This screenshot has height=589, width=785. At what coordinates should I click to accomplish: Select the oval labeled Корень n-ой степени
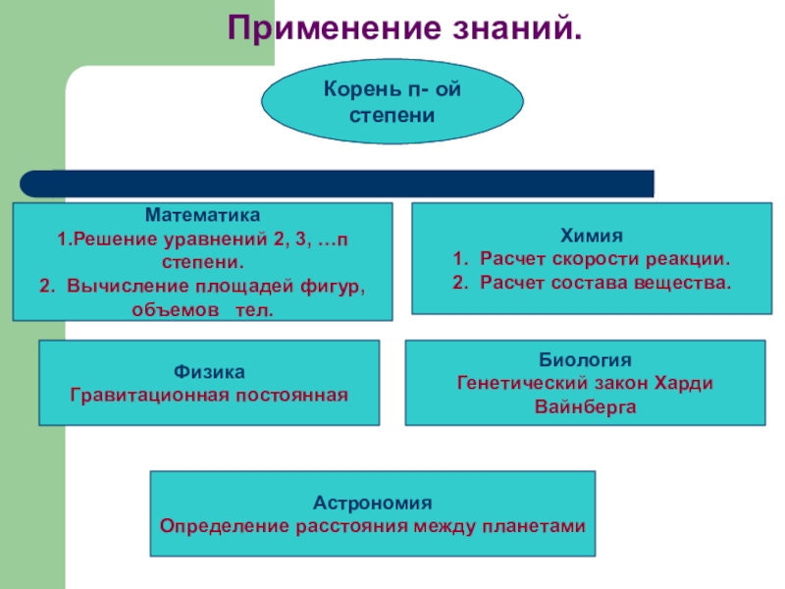392,103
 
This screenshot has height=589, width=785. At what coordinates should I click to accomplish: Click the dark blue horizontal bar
338,184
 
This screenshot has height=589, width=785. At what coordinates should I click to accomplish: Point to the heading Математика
202,213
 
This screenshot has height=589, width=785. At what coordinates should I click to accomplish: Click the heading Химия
592,237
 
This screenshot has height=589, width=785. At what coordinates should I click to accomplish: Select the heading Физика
209,373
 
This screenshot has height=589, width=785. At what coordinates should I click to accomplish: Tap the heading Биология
586,359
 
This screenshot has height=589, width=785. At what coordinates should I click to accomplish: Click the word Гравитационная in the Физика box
143,396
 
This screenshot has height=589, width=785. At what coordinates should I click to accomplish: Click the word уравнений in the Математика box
227,239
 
